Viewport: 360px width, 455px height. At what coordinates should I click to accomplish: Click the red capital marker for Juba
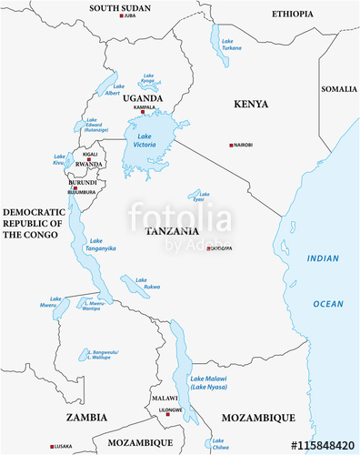click(119, 16)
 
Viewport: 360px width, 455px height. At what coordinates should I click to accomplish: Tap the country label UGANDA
click(144, 97)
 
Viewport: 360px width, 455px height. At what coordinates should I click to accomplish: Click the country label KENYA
click(251, 105)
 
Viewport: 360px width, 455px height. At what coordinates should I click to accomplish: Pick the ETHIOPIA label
click(293, 14)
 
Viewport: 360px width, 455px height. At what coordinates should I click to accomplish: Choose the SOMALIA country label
click(339, 89)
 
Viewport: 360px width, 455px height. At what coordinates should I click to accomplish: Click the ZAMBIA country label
click(86, 417)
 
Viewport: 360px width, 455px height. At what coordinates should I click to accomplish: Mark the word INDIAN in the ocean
click(323, 258)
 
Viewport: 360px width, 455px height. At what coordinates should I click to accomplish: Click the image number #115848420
click(321, 445)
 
